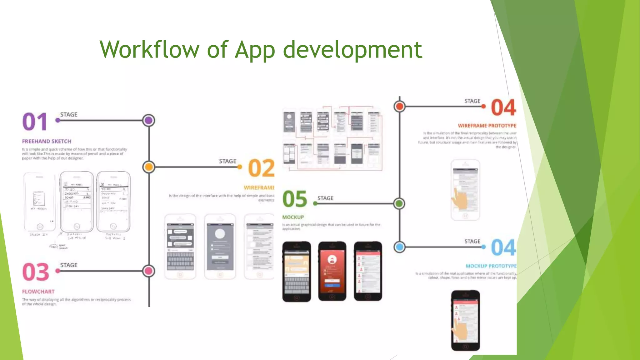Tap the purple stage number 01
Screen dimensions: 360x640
point(35,122)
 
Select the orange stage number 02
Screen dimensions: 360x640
point(261,168)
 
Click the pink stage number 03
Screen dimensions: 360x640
point(36,272)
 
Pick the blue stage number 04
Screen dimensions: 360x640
point(503,248)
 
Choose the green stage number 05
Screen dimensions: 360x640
point(295,199)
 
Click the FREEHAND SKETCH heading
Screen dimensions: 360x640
point(47,141)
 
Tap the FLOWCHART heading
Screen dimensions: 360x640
point(38,292)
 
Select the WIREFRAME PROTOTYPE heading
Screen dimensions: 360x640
point(487,126)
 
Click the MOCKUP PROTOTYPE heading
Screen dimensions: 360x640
point(491,266)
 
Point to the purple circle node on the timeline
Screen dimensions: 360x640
point(149,120)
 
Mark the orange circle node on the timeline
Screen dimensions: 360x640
point(149,167)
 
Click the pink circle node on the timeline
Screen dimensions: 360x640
point(149,271)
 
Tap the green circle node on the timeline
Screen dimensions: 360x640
point(399,203)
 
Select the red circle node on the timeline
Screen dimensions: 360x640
point(399,107)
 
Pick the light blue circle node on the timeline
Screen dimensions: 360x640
point(399,247)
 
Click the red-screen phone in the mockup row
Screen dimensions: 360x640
point(332,271)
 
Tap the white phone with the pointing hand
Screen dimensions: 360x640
point(465,190)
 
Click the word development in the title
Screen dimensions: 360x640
point(352,50)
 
